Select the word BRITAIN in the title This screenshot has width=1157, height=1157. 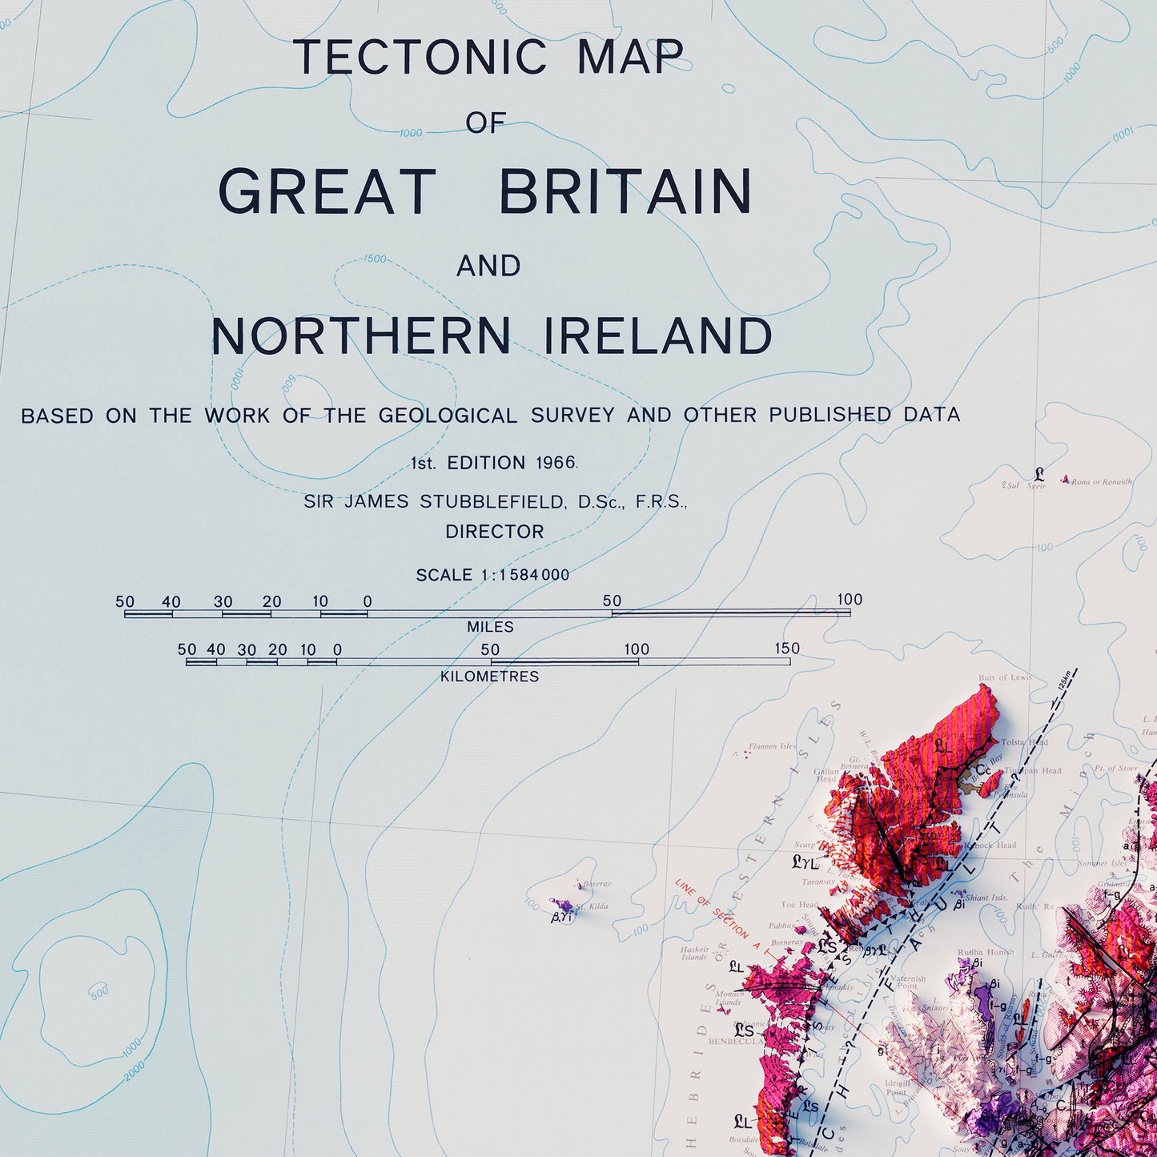point(625,192)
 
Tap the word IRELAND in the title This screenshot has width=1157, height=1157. point(658,336)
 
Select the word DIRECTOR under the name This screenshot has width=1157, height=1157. point(495,532)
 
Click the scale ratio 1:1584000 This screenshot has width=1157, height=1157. point(525,575)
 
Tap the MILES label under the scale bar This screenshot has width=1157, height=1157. point(490,627)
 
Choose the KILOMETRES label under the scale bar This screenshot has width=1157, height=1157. point(489,677)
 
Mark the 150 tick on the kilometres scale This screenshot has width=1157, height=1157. point(787,649)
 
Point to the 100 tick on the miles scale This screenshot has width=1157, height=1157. point(850,600)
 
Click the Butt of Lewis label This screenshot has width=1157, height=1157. point(1005,677)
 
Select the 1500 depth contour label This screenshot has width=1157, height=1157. point(374,259)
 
